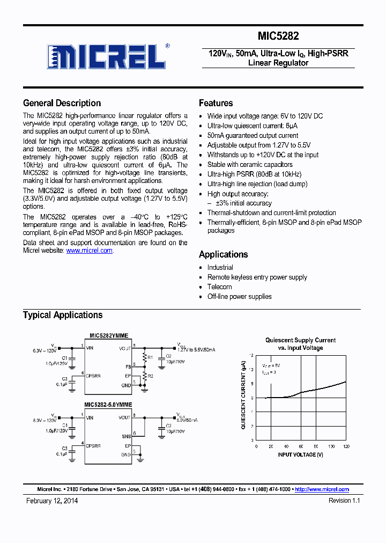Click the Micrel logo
107,56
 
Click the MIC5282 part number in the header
278,36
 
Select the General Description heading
62,103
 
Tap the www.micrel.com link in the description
89,251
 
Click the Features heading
216,103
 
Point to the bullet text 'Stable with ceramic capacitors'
250,165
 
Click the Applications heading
223,254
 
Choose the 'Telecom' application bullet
219,287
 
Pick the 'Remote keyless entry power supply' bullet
257,277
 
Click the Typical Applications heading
62,315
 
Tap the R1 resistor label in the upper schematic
150,357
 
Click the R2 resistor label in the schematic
150,377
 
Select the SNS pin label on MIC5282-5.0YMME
126,437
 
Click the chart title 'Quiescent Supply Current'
300,340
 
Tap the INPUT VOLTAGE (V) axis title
300,454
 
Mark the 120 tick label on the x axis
346,446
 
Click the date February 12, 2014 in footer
52,500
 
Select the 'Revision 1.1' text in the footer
344,500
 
